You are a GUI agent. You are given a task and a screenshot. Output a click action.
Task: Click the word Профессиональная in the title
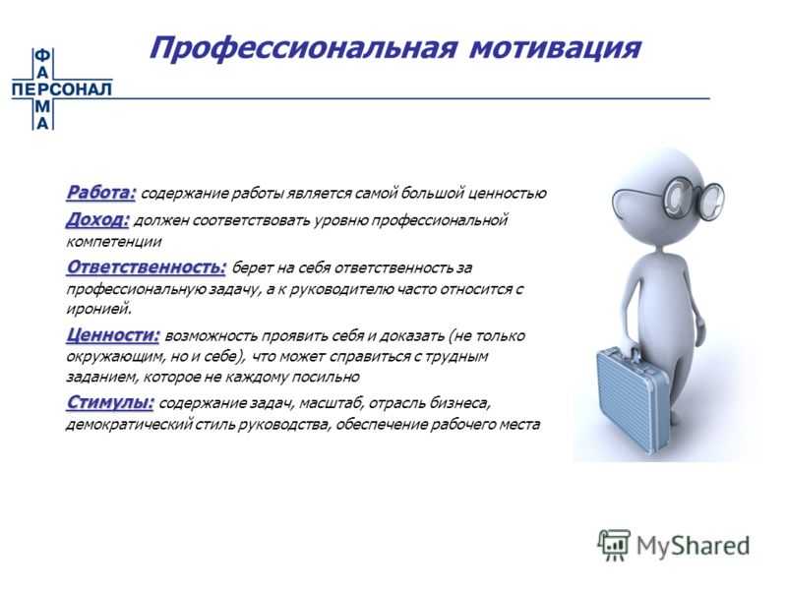(303, 48)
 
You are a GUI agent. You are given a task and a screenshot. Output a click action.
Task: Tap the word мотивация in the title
(555, 48)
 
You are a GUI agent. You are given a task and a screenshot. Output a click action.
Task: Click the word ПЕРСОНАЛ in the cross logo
(62, 89)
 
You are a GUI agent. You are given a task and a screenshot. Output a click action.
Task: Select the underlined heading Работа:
(101, 193)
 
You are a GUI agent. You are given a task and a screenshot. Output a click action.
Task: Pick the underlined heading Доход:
(97, 219)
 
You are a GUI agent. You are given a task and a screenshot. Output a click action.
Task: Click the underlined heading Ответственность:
(146, 266)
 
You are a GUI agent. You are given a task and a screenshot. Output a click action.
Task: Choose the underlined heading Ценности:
(113, 335)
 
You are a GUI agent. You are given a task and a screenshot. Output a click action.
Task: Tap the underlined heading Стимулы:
(110, 403)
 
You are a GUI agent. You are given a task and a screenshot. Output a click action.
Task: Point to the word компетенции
(114, 241)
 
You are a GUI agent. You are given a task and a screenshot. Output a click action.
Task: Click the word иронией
(99, 309)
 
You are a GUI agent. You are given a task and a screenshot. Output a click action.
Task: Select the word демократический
(130, 425)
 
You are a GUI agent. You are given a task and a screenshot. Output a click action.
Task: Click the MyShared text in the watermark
(694, 546)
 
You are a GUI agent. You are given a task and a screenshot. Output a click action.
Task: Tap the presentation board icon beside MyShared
(614, 545)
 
